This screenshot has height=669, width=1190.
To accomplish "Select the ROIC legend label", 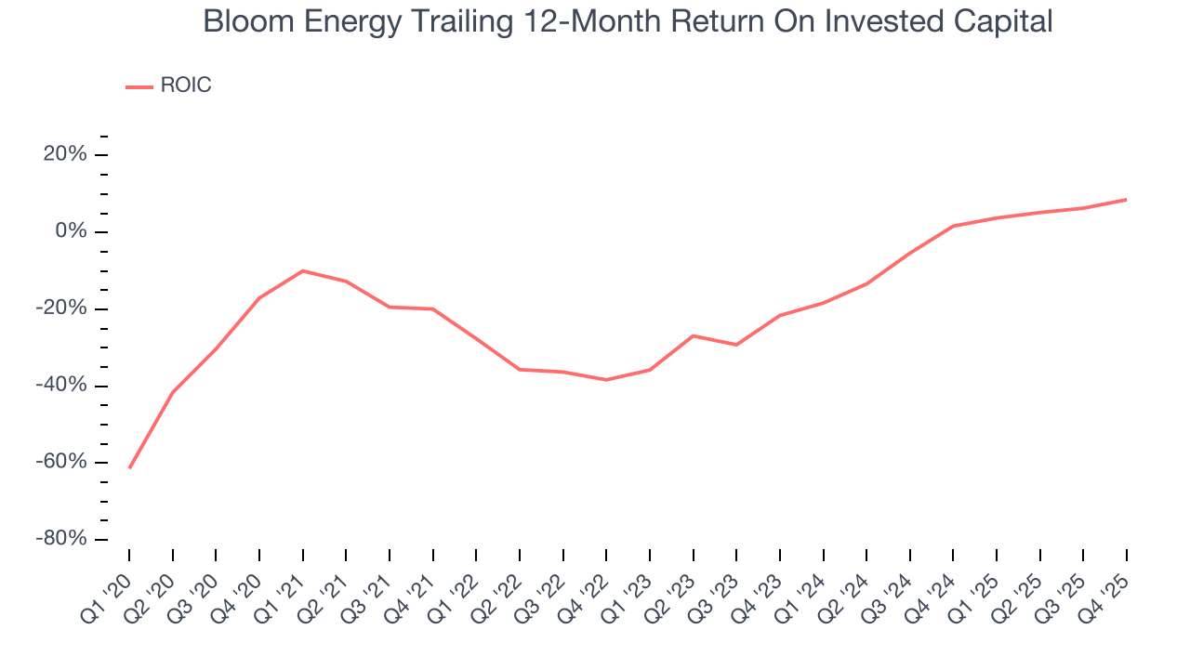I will point(186,85).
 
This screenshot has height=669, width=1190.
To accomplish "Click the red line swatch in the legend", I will point(139,86).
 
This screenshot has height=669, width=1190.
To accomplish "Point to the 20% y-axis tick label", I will point(65,154).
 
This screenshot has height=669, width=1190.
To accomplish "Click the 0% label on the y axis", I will point(72,231).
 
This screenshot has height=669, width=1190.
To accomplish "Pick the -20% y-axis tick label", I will point(61,308).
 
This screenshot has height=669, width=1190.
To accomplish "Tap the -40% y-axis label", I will point(61,386).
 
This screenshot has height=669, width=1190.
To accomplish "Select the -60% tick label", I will point(61,462).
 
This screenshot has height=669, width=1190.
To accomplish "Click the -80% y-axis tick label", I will point(61,539).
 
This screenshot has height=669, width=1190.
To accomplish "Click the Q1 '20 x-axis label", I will point(108,585).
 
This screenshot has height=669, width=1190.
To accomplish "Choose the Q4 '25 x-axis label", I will point(1105,585).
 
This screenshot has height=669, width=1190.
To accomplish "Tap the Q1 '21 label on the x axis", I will point(282,585).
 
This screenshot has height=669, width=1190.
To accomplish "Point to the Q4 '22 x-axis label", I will point(585,585).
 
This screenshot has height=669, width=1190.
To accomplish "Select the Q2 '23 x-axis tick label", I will point(671,585).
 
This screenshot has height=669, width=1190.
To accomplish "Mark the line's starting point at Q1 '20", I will point(129,467).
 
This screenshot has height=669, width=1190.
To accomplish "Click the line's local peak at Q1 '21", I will point(303,270).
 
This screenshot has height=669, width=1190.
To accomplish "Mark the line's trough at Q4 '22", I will point(606,379).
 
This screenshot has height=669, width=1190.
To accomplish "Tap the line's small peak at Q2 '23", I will point(694,335).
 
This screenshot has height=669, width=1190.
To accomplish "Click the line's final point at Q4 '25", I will point(1127,199).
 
